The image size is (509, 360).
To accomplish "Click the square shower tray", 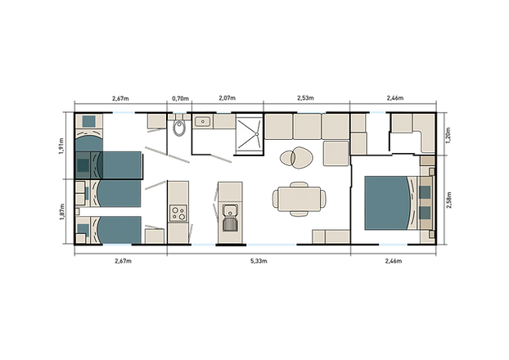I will (248, 133).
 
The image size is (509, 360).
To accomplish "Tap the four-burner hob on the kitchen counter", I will (178, 213).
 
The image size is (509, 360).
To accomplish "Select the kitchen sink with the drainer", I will (230, 214).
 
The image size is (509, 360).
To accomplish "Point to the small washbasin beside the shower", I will (202, 122).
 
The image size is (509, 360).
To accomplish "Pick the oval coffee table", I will (295, 155).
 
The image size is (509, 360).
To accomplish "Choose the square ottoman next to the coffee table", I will (335, 153).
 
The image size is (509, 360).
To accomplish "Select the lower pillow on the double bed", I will (425, 215).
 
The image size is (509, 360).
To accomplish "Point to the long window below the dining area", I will (271, 245).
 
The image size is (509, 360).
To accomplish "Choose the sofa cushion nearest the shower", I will (277, 126).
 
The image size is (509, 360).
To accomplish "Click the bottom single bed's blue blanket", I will (117, 229).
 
